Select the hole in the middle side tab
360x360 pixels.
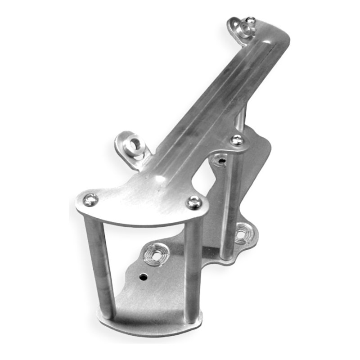134,147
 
